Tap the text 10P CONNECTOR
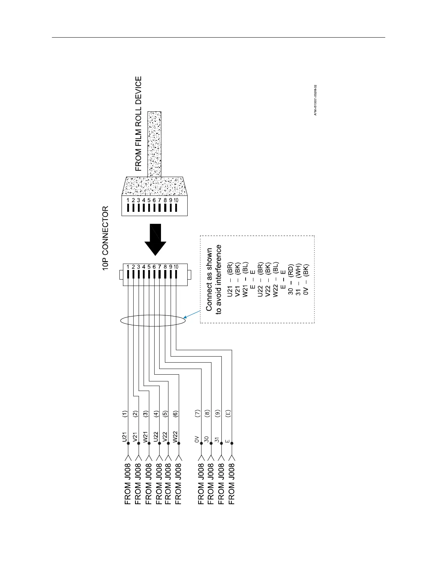tap(106, 238)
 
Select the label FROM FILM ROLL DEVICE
tap(138, 123)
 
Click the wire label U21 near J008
tap(124, 437)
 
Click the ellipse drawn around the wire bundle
tap(153, 320)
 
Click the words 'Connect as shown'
tap(209, 280)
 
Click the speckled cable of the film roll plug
tap(154, 144)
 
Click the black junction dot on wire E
tap(232, 443)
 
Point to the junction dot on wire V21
tap(138, 443)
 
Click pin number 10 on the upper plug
tap(176, 200)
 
